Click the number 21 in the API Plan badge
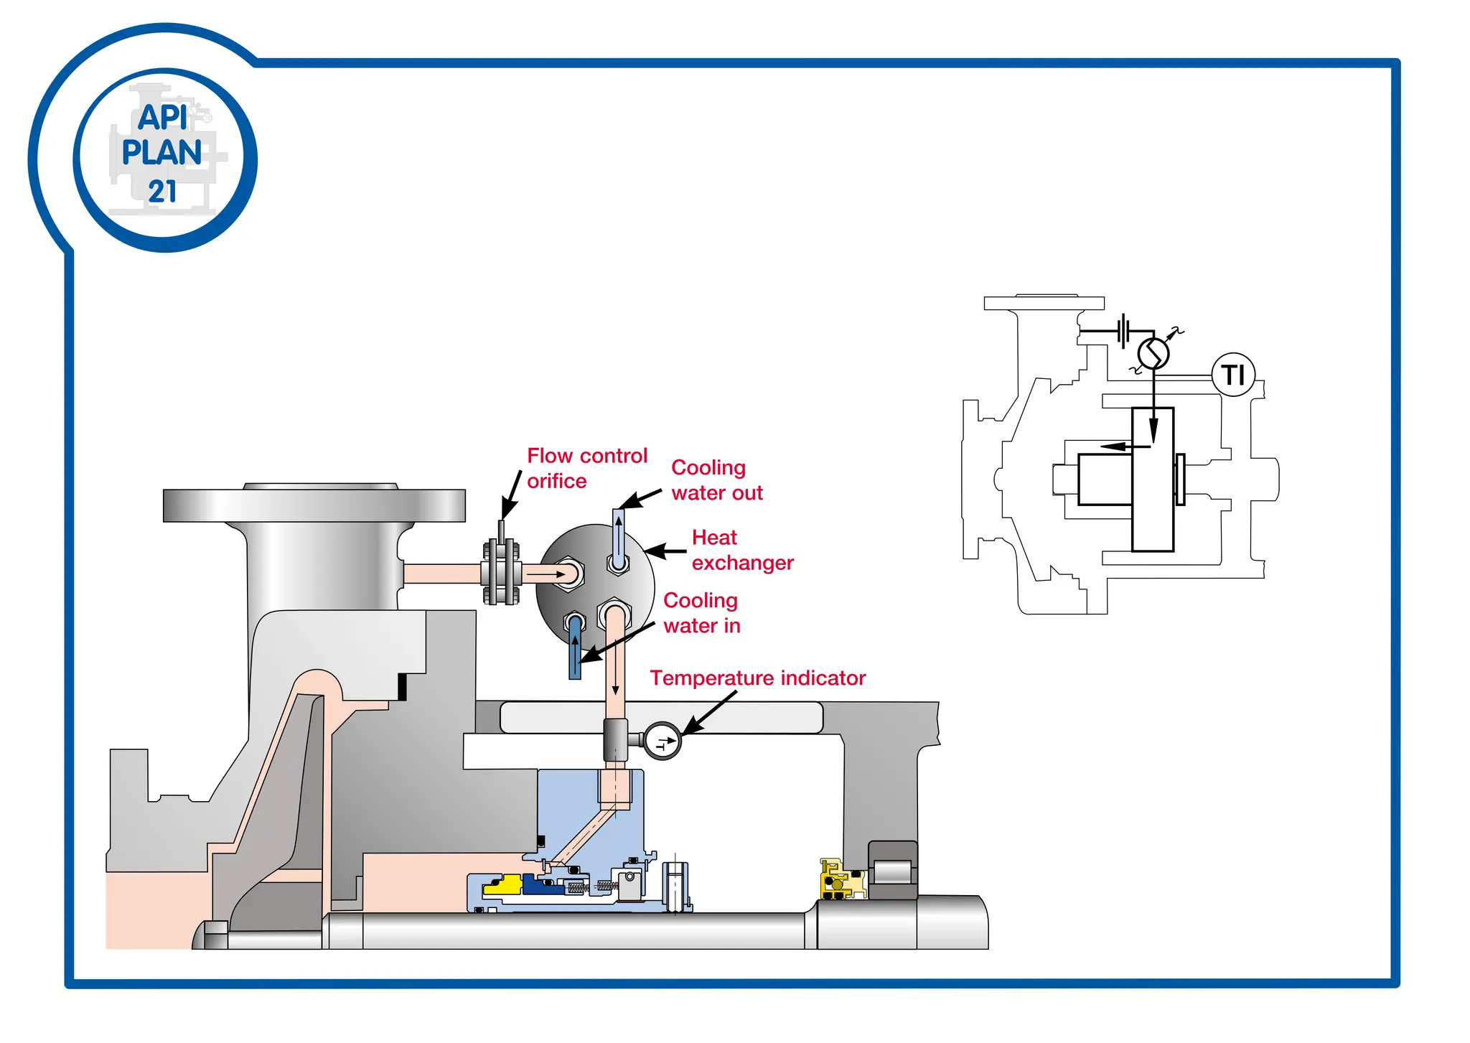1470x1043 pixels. (x=162, y=192)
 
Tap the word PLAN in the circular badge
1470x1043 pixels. (x=161, y=153)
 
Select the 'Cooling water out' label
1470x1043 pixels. (x=716, y=480)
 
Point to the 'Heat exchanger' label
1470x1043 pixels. (x=741, y=550)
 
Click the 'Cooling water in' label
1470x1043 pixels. (x=701, y=613)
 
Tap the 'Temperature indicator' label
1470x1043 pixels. (x=757, y=678)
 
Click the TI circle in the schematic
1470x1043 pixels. (x=1233, y=375)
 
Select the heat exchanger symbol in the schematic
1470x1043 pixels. (x=1153, y=353)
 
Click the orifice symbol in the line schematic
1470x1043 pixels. (x=1125, y=331)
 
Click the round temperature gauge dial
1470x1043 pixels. (x=662, y=741)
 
